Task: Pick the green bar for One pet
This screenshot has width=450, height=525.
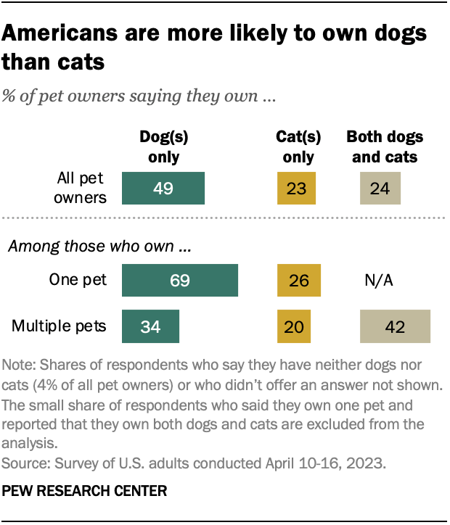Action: point(180,281)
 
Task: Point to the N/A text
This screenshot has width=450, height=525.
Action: point(378,281)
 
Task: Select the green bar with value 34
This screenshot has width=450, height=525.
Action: point(150,326)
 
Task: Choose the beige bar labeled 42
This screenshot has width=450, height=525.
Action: point(396,326)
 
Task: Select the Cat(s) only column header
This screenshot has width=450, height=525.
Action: point(296,146)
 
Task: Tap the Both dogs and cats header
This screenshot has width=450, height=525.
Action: point(385,146)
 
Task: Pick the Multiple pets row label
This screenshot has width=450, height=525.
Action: point(58,326)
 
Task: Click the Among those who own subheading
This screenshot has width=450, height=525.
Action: point(99,247)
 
